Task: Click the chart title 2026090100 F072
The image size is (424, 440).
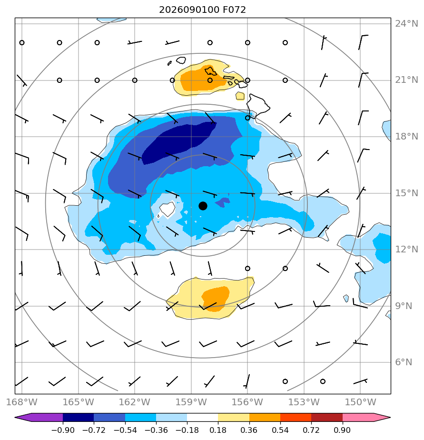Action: click(202, 10)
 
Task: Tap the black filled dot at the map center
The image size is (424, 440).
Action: click(203, 206)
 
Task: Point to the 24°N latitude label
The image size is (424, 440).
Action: click(406, 24)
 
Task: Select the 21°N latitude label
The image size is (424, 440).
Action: click(406, 80)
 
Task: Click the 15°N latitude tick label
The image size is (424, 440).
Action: click(406, 193)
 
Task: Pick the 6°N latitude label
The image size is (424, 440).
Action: click(404, 362)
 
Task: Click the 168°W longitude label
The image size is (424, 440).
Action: click(21, 402)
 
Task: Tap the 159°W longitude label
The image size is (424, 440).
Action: click(191, 402)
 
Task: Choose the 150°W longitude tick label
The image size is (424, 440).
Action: click(360, 402)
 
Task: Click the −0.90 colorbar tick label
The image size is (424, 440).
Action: click(63, 430)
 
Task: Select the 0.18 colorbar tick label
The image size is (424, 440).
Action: click(218, 430)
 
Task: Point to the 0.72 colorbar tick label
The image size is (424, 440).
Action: click(311, 430)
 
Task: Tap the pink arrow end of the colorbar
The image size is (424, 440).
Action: click(365, 418)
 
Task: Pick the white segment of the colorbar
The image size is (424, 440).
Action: click(202, 418)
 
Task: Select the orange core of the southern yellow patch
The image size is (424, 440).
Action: click(216, 299)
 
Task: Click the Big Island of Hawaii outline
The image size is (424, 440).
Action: click(257, 106)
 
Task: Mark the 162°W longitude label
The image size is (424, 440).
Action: click(135, 402)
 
